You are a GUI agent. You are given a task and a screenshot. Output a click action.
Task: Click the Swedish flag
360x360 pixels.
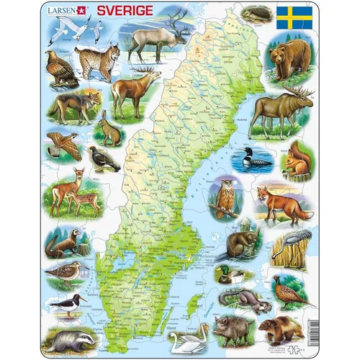pyautogui.click(x=294, y=17)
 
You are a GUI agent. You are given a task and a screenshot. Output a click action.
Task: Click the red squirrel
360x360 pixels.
pyautogui.click(x=294, y=161)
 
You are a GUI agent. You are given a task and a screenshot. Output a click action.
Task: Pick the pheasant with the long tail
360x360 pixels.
pyautogui.click(x=292, y=292)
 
